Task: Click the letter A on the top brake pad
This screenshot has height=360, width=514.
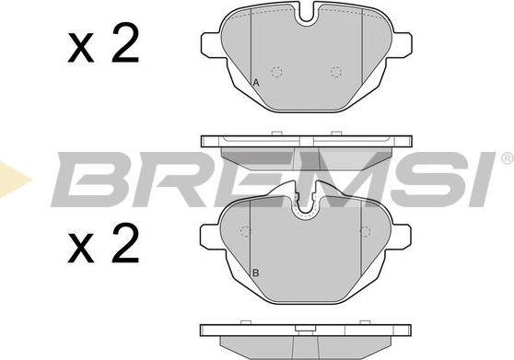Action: (256, 83)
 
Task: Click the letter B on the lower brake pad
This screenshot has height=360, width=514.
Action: (256, 273)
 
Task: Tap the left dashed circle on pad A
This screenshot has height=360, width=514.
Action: (277, 72)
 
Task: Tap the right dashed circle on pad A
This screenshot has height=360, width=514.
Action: (336, 72)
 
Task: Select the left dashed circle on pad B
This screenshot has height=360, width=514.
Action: (245, 231)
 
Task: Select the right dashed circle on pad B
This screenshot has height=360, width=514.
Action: (365, 231)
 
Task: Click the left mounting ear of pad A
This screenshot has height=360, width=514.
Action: (211, 45)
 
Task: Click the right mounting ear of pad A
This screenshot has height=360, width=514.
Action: (402, 45)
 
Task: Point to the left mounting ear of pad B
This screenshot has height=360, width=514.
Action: (210, 238)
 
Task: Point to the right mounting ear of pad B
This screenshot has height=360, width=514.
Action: (401, 238)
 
